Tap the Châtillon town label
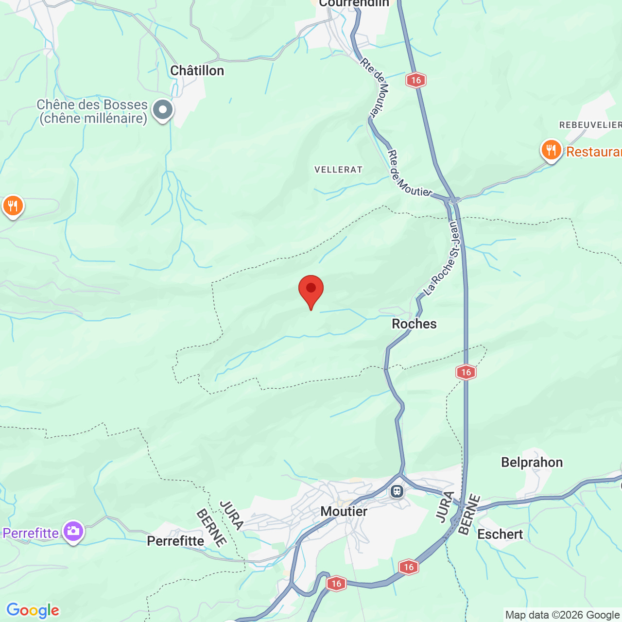point(197,71)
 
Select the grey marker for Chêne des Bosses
point(163,110)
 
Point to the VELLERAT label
point(338,170)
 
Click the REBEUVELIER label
point(590,125)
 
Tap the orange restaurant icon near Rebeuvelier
point(551,150)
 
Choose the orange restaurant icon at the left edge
point(13,206)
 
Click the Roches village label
point(414,324)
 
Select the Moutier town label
point(344,512)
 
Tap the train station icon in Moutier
point(397,491)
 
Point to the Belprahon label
point(532,463)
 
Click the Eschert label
point(500,535)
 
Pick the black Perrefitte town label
point(175,541)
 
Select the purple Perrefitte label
point(31,534)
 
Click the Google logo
point(33,610)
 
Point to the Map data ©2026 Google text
point(562,615)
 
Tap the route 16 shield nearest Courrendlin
point(415,80)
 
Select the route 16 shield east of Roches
point(466,372)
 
